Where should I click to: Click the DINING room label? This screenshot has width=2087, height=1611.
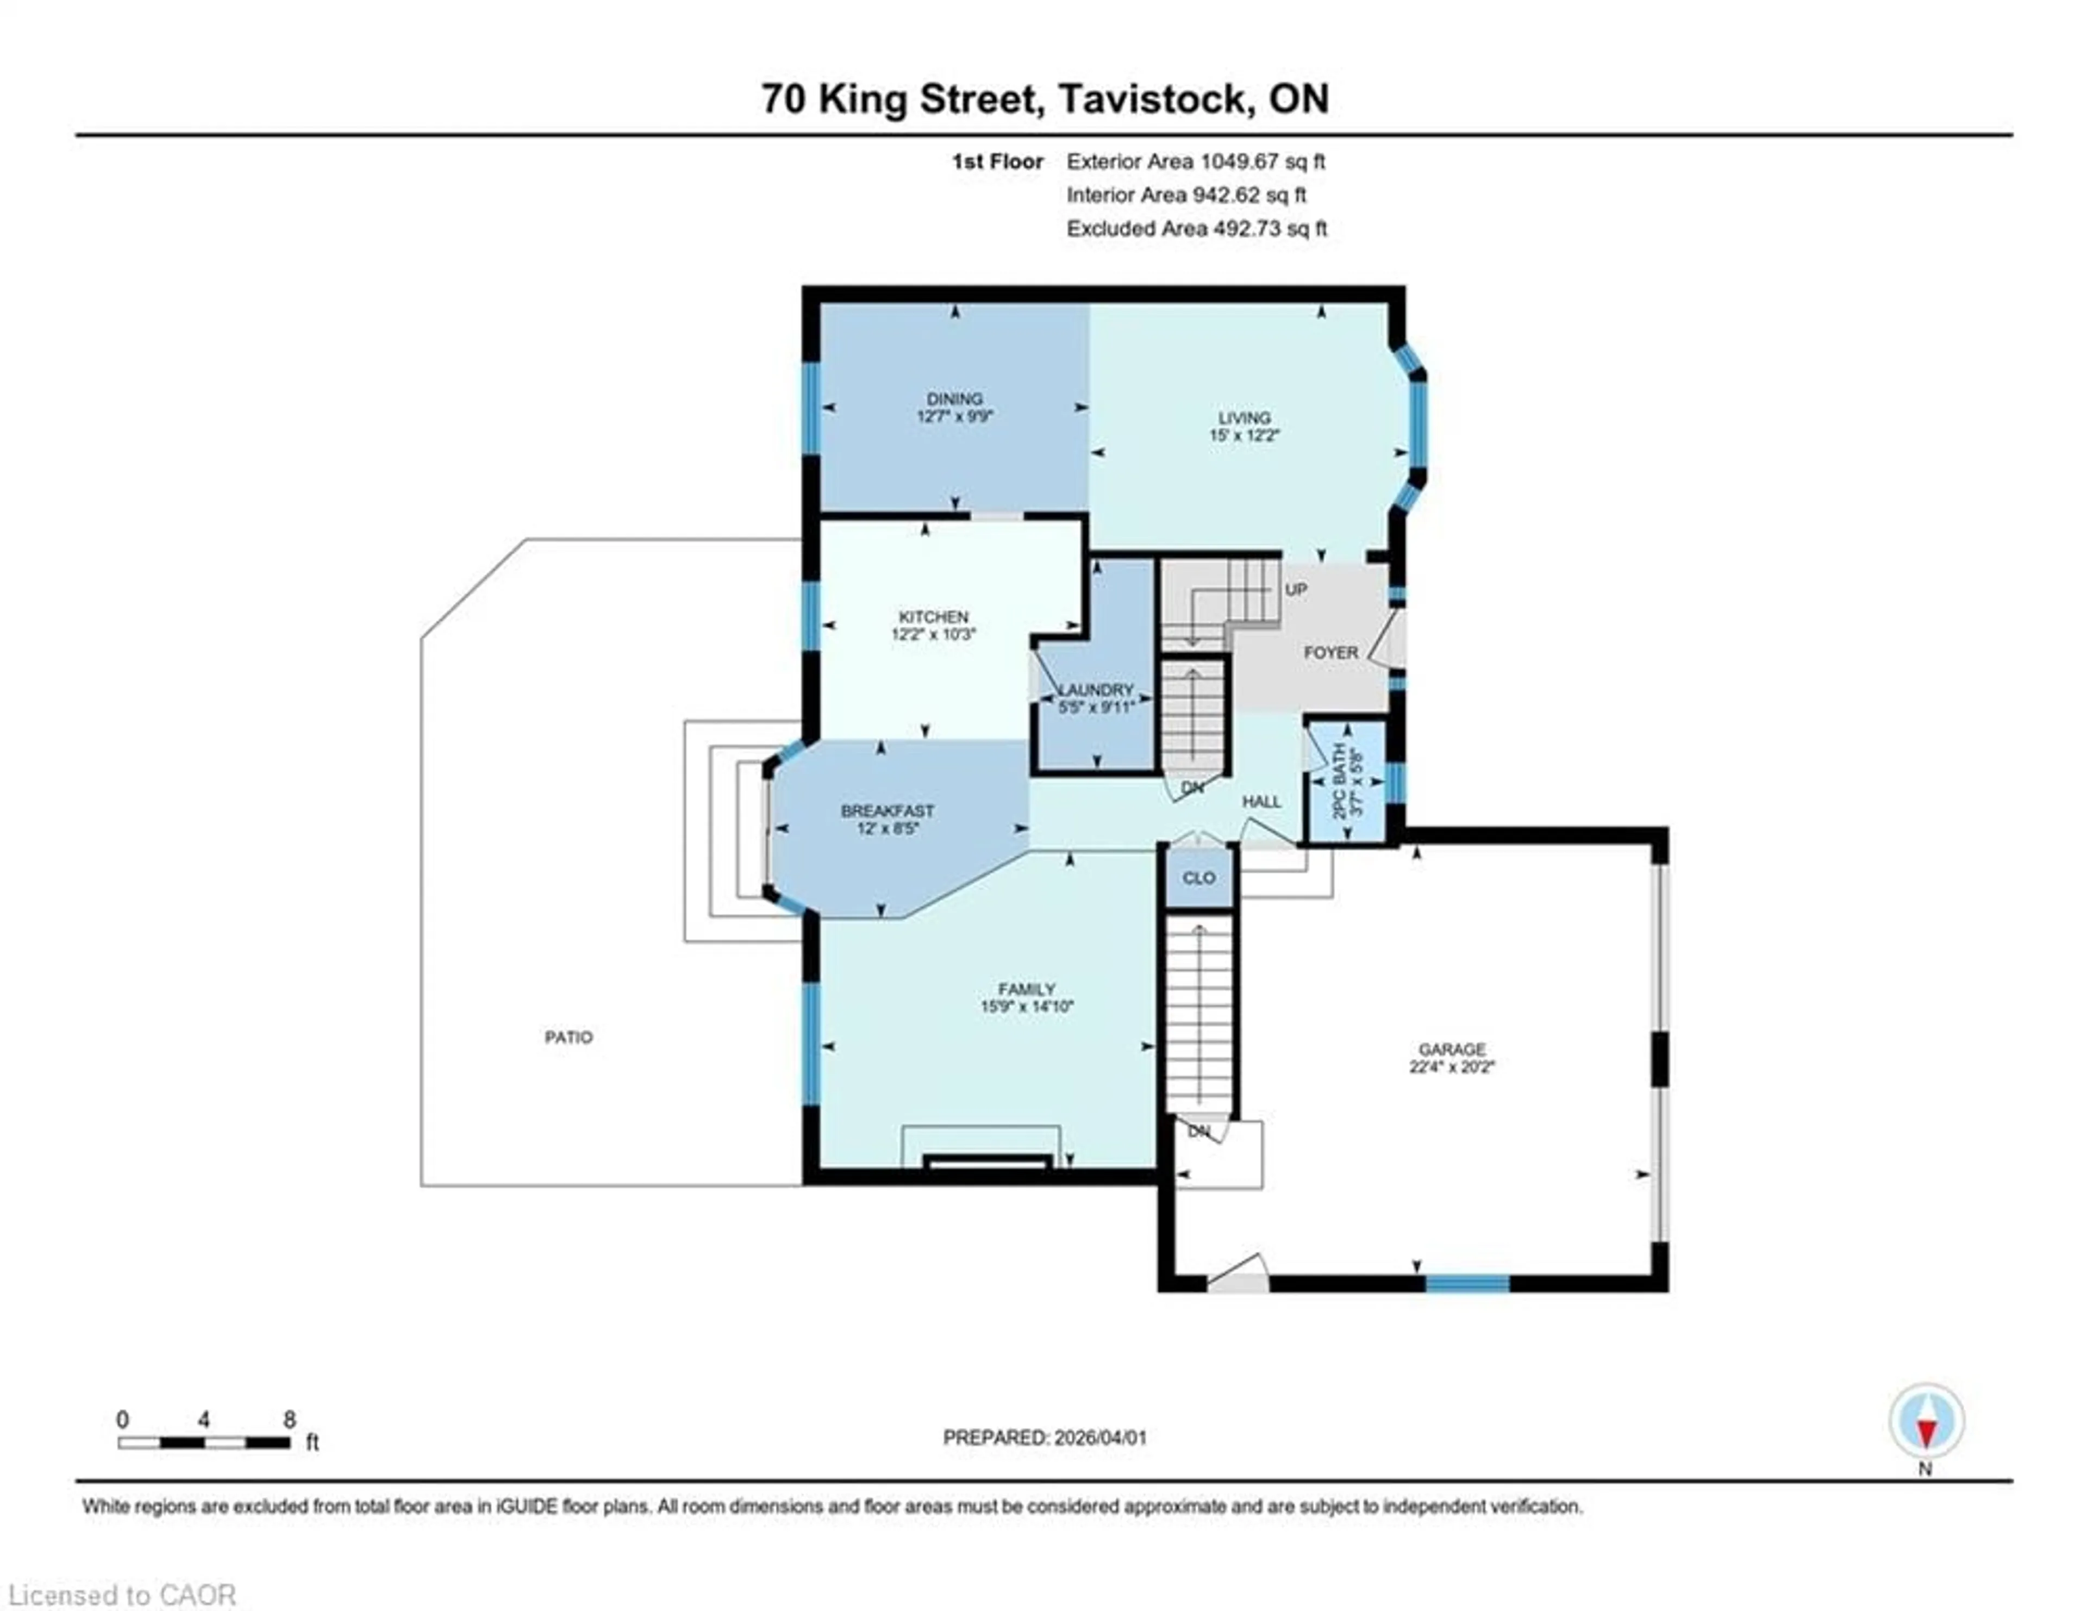click(954, 398)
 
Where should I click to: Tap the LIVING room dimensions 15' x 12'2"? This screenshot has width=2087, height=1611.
click(1243, 435)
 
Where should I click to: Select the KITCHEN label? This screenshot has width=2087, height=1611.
click(933, 616)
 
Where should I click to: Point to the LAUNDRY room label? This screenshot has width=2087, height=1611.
click(1096, 690)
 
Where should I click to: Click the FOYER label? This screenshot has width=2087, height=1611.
click(1330, 653)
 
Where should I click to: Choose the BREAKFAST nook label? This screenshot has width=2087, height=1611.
click(887, 810)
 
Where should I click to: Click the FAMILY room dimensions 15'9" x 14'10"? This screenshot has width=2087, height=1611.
click(1026, 1006)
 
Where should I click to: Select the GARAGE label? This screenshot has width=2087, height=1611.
click(1451, 1048)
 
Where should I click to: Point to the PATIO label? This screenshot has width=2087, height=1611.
click(568, 1036)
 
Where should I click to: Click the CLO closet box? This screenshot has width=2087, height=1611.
click(1198, 877)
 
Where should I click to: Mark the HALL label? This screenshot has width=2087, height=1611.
click(1261, 802)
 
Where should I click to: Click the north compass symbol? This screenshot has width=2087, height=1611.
click(1927, 1422)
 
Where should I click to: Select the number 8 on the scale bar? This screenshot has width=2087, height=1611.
click(290, 1419)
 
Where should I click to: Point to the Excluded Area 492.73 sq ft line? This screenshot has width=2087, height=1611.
click(1196, 228)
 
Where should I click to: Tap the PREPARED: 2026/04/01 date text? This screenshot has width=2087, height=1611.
click(1045, 1437)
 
